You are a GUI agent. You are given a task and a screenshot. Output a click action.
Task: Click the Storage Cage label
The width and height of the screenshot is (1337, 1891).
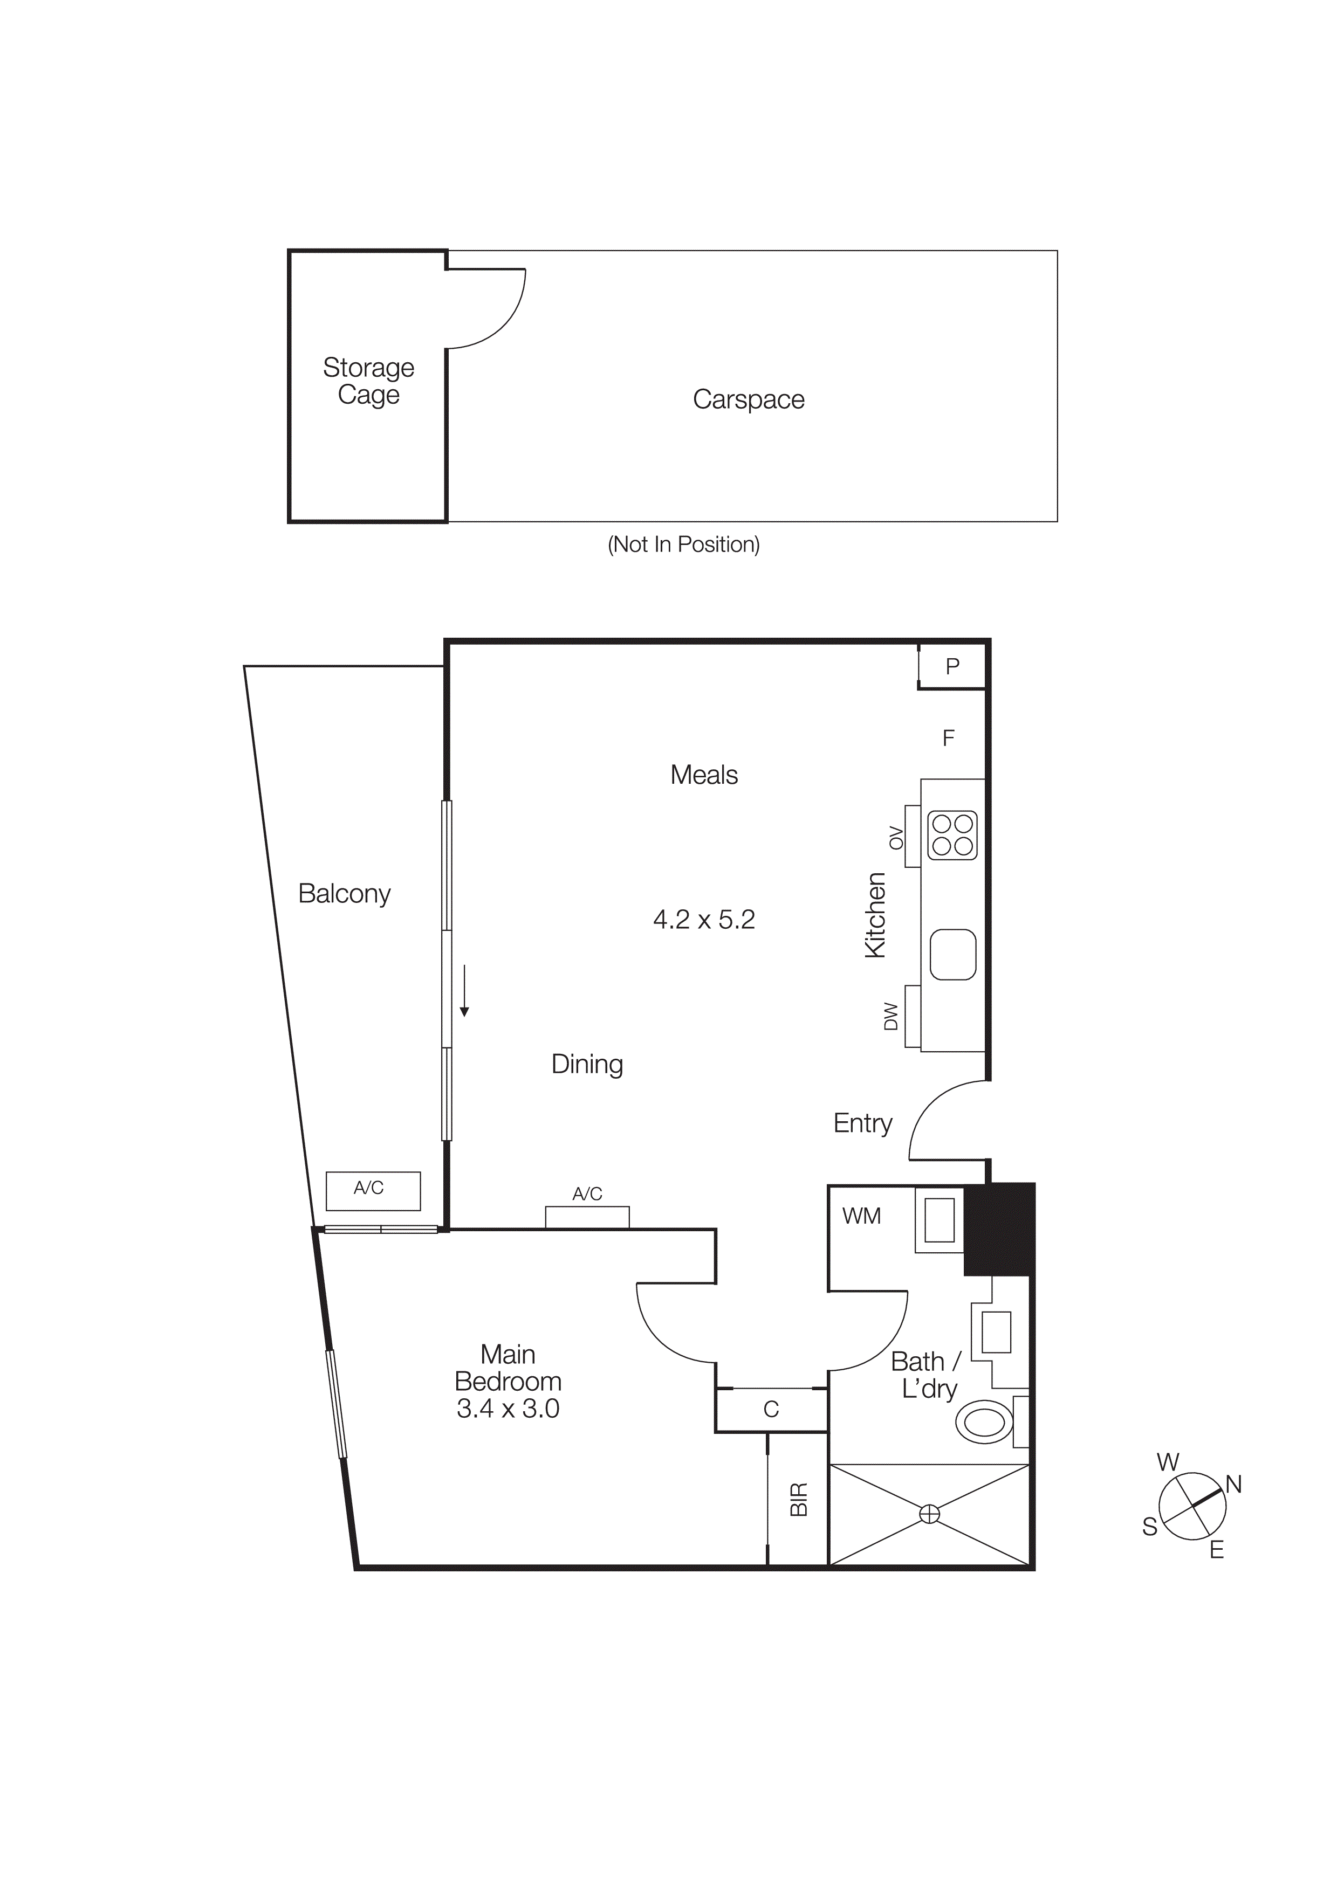click(x=368, y=381)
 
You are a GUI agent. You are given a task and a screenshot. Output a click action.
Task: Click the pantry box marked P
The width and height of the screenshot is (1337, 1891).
click(x=952, y=666)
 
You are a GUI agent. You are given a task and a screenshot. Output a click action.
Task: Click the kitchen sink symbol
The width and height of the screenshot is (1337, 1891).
click(x=952, y=955)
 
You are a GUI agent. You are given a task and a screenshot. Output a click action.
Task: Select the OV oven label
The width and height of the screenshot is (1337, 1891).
click(x=896, y=838)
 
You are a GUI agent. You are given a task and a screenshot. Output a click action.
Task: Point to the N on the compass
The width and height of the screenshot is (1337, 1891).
click(x=1233, y=1485)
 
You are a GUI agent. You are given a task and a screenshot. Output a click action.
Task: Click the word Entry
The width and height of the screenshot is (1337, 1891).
click(x=862, y=1123)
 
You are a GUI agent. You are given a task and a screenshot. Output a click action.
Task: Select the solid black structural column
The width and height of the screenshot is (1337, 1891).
click(x=998, y=1229)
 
